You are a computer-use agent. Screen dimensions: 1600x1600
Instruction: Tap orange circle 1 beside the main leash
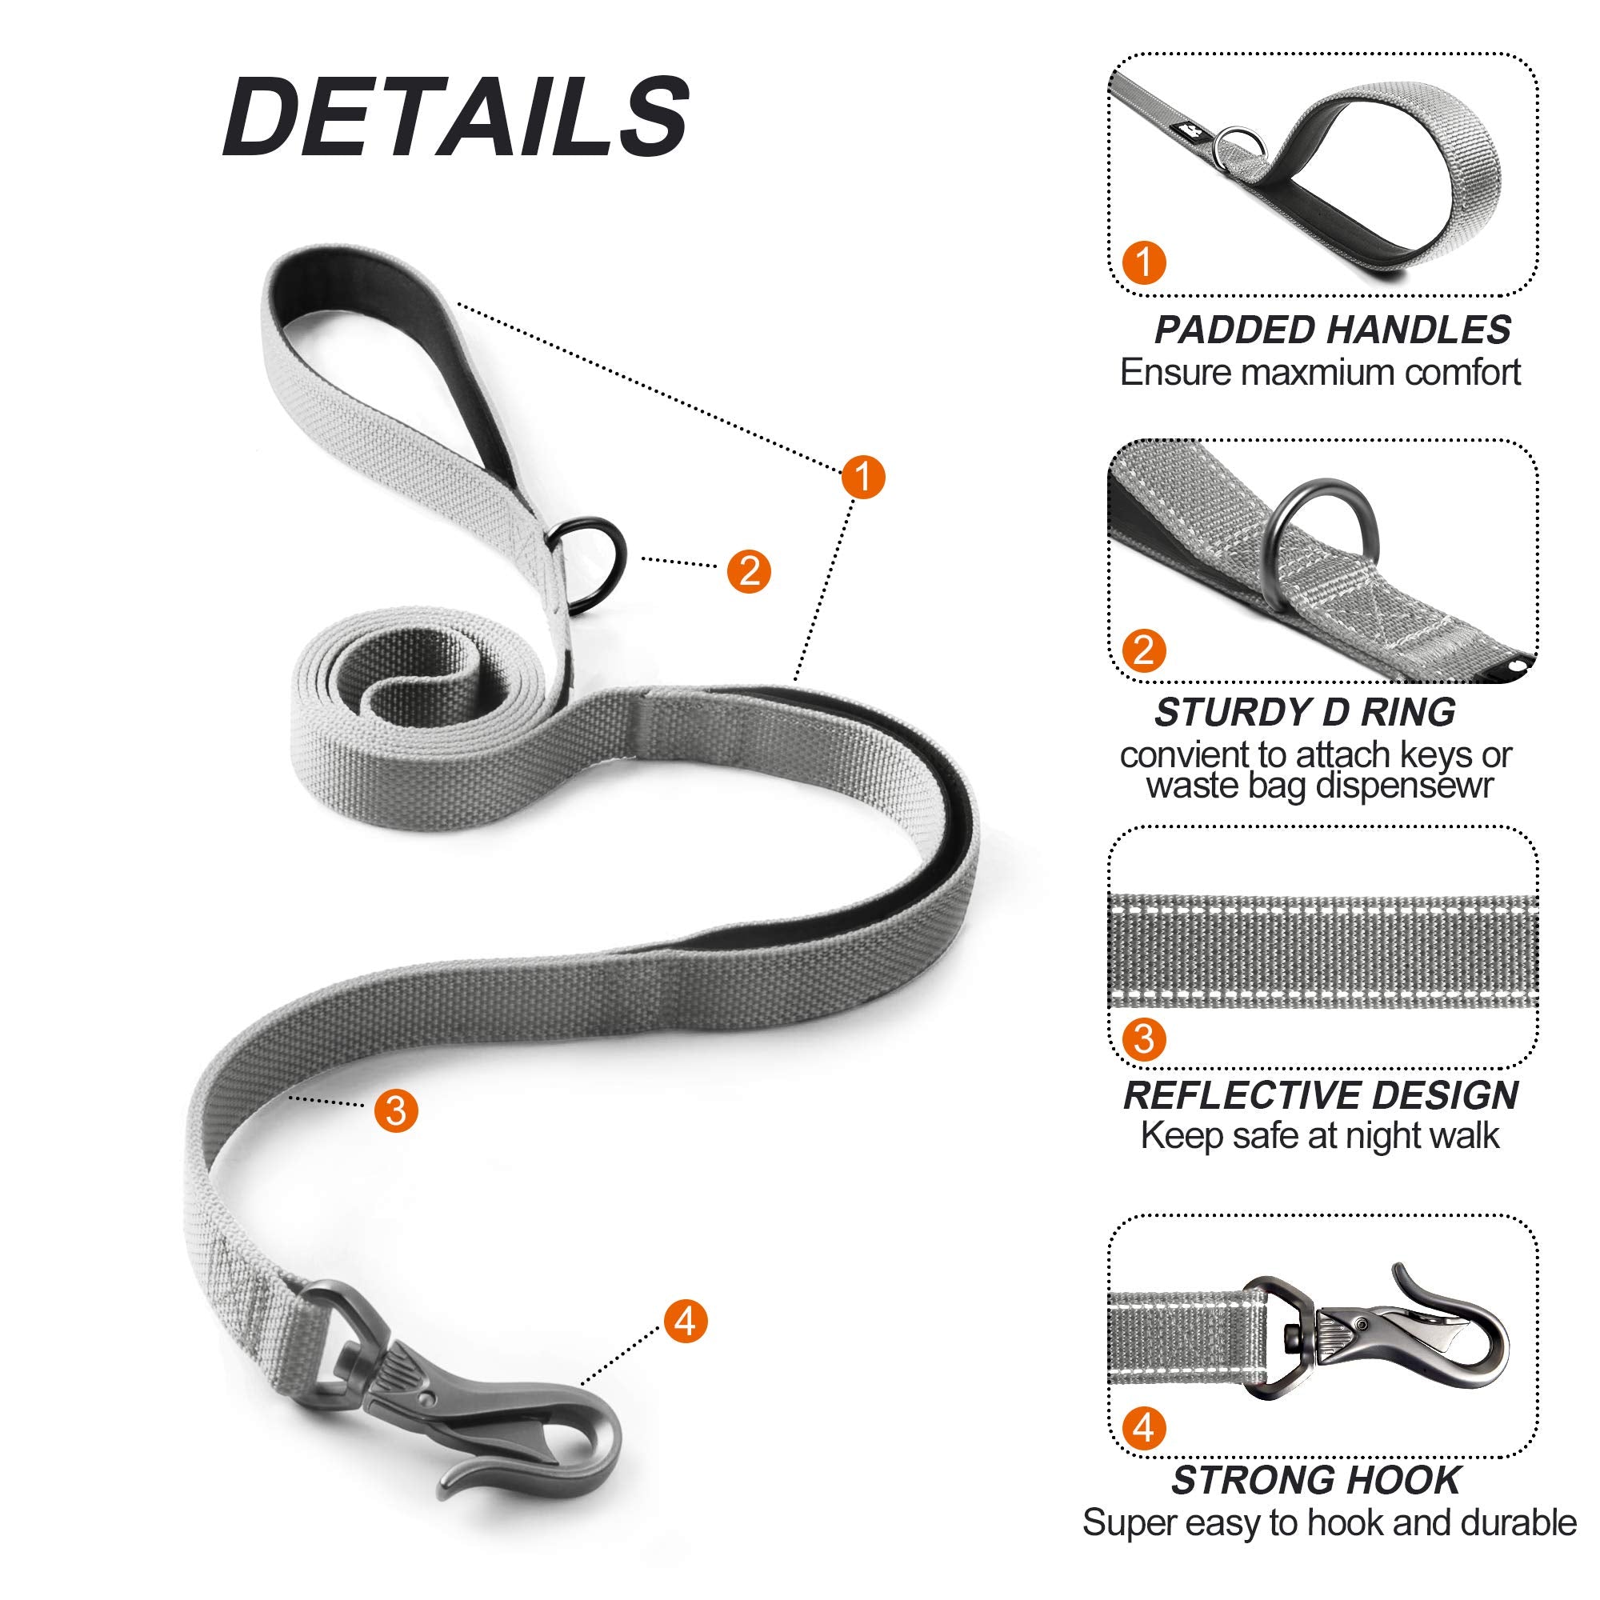pos(863,476)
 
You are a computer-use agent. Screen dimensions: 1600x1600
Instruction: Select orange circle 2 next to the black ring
pos(749,570)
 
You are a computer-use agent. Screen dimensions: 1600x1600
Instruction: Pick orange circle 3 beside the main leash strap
pos(396,1110)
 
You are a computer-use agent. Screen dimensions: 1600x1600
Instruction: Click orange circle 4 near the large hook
pos(685,1320)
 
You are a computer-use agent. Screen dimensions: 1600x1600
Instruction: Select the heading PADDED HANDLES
pos(1332,330)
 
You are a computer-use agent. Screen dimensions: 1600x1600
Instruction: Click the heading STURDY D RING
pos(1305,713)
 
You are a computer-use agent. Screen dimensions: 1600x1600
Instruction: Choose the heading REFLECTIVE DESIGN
pos(1320,1096)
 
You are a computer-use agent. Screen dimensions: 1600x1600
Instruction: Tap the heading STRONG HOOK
pos(1316,1480)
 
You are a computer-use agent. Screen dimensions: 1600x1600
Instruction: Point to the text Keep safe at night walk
pos(1320,1135)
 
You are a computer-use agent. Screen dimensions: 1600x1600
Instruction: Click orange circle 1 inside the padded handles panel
pos(1145,262)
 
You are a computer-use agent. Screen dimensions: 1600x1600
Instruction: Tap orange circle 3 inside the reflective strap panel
pos(1145,1038)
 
